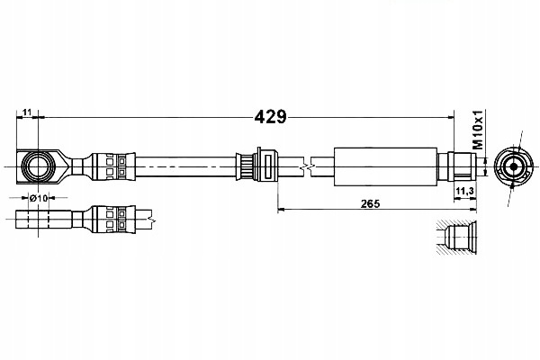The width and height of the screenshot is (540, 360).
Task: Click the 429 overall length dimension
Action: pos(270,117)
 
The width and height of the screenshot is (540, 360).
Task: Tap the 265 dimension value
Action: pos(370,204)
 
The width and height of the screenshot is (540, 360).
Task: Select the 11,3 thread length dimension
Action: pos(464,191)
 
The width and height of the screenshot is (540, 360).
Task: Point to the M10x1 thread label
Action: pos(478,130)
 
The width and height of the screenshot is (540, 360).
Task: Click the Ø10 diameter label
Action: pos(38,198)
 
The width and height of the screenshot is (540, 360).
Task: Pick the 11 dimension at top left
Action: pos(27,112)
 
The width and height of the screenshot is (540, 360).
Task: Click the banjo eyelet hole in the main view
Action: pos(38,167)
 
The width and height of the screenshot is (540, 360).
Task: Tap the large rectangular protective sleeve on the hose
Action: pos(386,166)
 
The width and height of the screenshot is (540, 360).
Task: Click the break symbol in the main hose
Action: pos(307,167)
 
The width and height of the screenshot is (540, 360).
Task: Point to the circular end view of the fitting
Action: pos(514,166)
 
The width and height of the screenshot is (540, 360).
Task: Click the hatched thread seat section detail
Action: pos(456,238)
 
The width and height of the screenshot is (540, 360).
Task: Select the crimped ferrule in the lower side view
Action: pos(113,220)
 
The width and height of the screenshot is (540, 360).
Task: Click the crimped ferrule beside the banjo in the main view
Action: pos(113,166)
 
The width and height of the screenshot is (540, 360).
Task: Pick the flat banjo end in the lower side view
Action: pos(44,220)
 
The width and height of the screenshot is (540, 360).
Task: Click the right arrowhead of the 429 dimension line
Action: pos(451,118)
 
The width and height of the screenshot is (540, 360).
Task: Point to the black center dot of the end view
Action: pos(514,166)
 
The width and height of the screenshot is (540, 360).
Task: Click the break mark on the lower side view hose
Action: pos(151,220)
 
